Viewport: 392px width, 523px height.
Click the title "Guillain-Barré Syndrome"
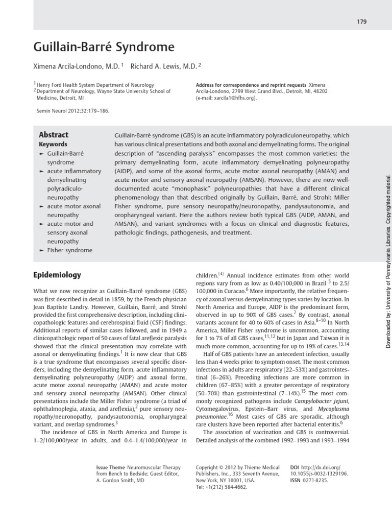pos(104,48)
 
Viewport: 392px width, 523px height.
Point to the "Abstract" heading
pos(54,135)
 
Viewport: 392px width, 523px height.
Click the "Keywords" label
pos(53,145)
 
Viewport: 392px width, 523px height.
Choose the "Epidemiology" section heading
pos(57,275)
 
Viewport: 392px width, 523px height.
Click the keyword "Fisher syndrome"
pos(70,250)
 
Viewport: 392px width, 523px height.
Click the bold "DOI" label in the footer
pos(295,467)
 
